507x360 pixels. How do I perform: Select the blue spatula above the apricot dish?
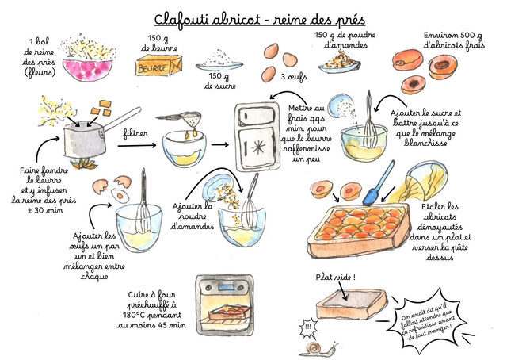click(x=378, y=182)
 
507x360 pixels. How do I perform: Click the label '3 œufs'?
click(x=294, y=77)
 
